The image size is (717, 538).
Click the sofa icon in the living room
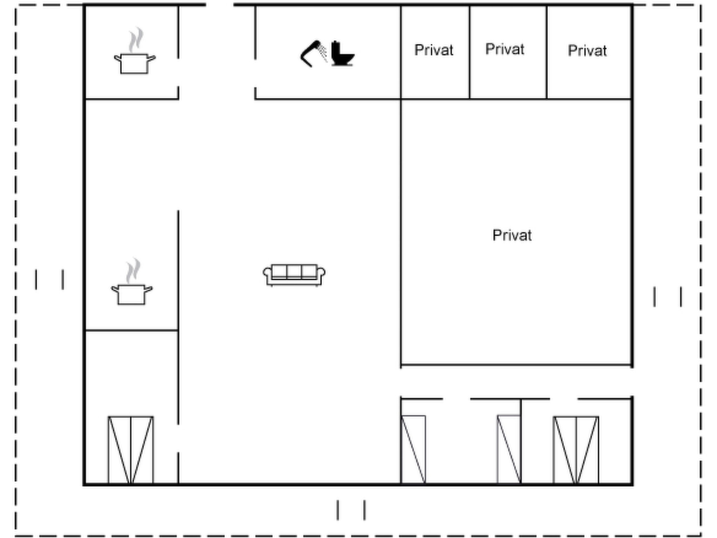pyautogui.click(x=294, y=275)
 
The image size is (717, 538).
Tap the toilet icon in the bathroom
pyautogui.click(x=342, y=54)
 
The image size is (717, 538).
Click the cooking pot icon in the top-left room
pyautogui.click(x=135, y=63)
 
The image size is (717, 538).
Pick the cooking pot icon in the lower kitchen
pyautogui.click(x=132, y=294)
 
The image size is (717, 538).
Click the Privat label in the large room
pyautogui.click(x=512, y=235)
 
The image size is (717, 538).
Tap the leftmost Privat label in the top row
pyautogui.click(x=434, y=50)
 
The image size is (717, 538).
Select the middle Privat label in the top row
pyautogui.click(x=504, y=49)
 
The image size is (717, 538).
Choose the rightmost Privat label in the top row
pyautogui.click(x=587, y=51)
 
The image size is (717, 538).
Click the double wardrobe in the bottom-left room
pyautogui.click(x=131, y=450)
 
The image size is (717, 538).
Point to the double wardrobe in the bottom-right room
pyautogui.click(x=576, y=450)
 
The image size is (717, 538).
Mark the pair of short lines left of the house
pyautogui.click(x=49, y=280)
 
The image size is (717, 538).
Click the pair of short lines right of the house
pyautogui.click(x=668, y=297)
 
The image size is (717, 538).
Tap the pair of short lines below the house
pyautogui.click(x=351, y=510)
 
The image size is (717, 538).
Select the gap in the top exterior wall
pyautogui.click(x=220, y=5)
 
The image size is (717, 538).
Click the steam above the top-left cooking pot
pyautogui.click(x=136, y=39)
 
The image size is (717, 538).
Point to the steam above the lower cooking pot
pyautogui.click(x=133, y=270)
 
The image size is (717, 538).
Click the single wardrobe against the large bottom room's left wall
pyautogui.click(x=413, y=449)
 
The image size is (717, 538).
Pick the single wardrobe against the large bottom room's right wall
pyautogui.click(x=509, y=449)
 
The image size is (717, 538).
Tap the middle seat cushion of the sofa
pyautogui.click(x=294, y=271)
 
